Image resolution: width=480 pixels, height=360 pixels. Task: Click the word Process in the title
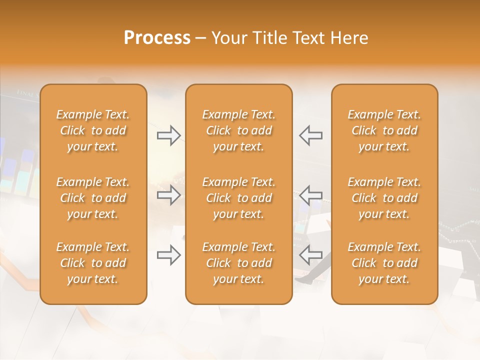(157, 38)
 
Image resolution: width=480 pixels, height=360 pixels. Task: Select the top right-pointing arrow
(169, 135)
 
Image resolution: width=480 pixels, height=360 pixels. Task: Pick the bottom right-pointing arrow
(169, 255)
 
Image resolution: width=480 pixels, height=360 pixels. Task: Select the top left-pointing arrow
(310, 135)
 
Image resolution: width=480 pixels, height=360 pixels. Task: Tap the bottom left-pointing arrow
(310, 255)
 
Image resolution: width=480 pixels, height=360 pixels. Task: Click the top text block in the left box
(93, 130)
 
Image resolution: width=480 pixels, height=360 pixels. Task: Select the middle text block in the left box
(93, 198)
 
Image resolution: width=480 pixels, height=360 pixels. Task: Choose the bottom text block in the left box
(93, 263)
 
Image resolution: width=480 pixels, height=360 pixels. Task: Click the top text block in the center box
(239, 130)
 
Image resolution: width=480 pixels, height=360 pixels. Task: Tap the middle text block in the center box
(239, 198)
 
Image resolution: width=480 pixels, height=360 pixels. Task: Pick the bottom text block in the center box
(239, 263)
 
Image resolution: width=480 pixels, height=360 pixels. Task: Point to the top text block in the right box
(384, 130)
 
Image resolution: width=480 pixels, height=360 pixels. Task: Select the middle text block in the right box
(384, 198)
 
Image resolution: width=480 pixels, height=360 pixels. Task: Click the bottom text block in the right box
(384, 263)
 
